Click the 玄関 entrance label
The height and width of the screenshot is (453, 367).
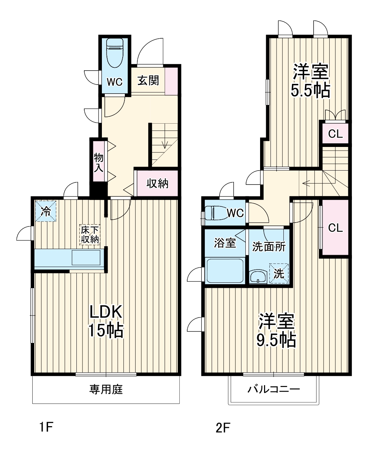pos(148,81)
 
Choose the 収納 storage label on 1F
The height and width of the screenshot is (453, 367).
pos(157,184)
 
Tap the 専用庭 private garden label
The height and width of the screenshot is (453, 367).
pos(106,389)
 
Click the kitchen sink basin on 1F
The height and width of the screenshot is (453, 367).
pos(86,258)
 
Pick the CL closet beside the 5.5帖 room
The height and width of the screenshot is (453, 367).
pos(335,134)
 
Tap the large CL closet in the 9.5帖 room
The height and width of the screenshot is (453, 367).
pos(335,228)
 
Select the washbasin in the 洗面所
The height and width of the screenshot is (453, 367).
pos(257,277)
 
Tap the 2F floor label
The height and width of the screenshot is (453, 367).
pos(222,428)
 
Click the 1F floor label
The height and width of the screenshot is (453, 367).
pos(46,428)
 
